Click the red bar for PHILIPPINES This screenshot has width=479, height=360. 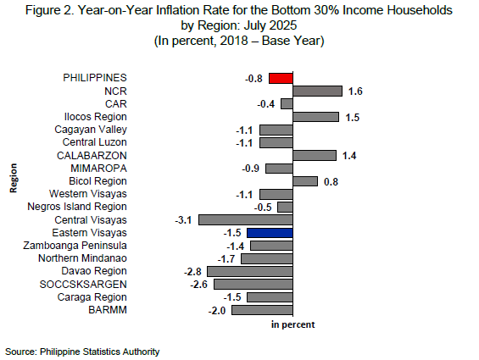tap(281, 78)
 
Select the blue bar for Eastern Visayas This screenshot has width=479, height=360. tap(270, 233)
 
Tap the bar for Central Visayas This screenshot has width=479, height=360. tap(246, 220)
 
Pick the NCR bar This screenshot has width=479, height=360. tap(317, 91)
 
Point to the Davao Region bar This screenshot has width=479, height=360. tap(250, 271)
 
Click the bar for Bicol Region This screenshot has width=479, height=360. tap(305, 181)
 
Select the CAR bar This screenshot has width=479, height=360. tap(287, 104)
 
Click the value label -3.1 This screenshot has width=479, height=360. tap(183, 220)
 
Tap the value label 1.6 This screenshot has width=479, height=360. tap(355, 91)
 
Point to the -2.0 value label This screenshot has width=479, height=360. tap(217, 311)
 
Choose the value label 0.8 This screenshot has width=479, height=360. tap(331, 182)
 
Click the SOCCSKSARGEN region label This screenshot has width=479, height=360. tap(83, 285)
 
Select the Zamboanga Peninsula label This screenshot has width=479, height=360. tap(75, 246)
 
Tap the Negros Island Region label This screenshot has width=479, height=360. tap(77, 207)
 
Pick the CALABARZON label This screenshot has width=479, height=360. tap(92, 155)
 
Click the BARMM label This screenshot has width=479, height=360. tap(108, 310)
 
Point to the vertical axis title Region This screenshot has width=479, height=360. tap(13, 178)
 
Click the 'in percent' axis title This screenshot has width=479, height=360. tap(292, 324)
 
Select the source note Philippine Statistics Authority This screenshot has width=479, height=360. tap(99, 352)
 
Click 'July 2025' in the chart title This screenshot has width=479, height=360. tap(270, 25)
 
